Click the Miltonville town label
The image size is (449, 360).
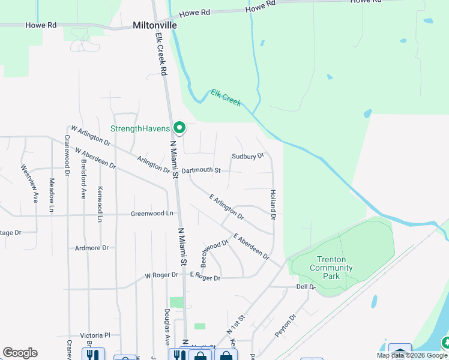tap(155, 26)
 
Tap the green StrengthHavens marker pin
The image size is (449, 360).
tap(179, 127)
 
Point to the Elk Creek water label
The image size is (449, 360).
tap(226, 97)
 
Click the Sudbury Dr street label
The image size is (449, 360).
tap(248, 156)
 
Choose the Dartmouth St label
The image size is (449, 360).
tap(201, 170)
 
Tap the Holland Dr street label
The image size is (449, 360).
tap(273, 204)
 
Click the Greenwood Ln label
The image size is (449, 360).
tap(152, 214)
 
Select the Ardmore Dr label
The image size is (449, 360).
tap(92, 248)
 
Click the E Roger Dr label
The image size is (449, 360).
tap(205, 277)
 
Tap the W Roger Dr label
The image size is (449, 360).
tap(161, 275)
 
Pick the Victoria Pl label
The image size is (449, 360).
tap(95, 336)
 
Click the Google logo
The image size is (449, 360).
tap(20, 353)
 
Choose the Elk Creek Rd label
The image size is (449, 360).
tap(161, 54)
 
